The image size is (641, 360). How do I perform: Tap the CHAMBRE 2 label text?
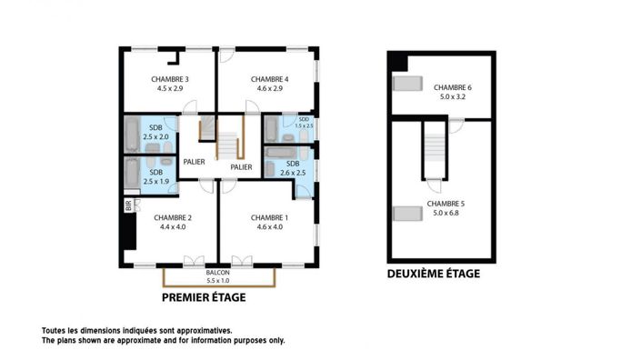(172, 218)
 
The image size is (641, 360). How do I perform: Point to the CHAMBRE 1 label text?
(270, 218)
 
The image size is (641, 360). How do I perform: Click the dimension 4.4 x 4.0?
(172, 227)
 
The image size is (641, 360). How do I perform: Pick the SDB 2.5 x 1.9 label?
(156, 176)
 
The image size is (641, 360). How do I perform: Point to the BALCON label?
(217, 273)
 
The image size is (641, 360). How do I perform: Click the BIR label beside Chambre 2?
(128, 205)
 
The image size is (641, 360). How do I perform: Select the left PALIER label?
(194, 162)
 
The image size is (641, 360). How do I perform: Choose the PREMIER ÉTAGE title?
(204, 297)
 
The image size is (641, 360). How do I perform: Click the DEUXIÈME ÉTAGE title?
(434, 274)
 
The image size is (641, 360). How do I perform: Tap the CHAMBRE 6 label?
(452, 86)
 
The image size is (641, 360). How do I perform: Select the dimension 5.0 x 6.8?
(445, 212)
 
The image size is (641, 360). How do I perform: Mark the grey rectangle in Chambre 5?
(406, 213)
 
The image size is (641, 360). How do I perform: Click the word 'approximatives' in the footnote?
(205, 331)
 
